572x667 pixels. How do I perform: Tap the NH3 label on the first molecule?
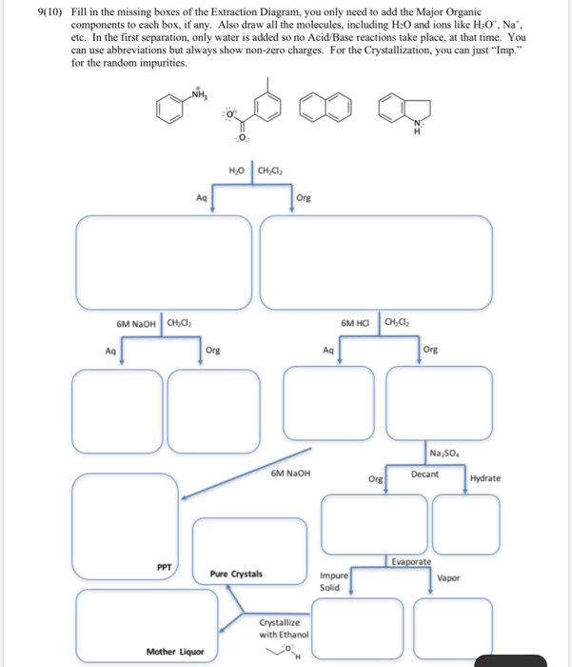198,92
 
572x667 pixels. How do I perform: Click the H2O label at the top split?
238,171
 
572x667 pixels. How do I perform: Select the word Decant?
424,474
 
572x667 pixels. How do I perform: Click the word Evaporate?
409,563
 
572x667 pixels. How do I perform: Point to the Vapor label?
447,578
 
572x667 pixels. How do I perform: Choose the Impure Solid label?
334,581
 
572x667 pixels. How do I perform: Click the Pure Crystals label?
236,575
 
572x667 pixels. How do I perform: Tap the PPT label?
164,566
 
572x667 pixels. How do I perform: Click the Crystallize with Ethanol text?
283,628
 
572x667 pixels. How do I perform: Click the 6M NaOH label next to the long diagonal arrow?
289,472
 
